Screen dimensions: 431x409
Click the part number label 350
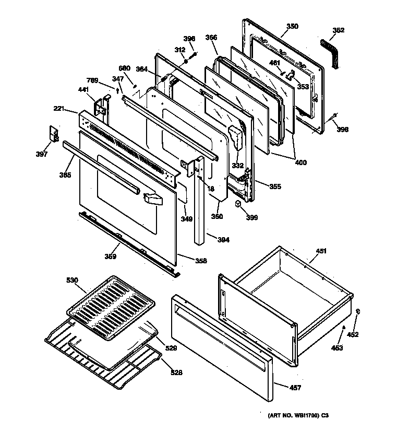292,26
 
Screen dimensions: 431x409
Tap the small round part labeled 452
358,312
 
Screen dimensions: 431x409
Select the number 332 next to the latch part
238,166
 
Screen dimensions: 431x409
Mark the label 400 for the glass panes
300,162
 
